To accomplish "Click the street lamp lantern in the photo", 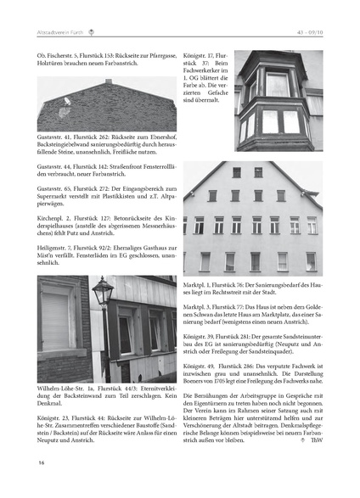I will click(102, 294).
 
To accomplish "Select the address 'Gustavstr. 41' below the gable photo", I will click(57, 136).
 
